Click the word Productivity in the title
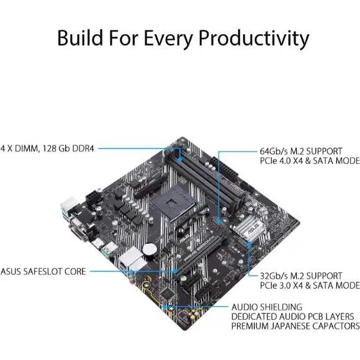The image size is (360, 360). pyautogui.click(x=254, y=38)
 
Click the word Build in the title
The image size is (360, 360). pyautogui.click(x=80, y=37)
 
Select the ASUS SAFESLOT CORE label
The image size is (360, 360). pyautogui.click(x=43, y=271)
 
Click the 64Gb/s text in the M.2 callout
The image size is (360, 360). pyautogui.click(x=274, y=151)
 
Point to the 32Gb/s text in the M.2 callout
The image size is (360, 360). pyautogui.click(x=274, y=276)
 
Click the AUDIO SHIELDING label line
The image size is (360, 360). pyautogui.click(x=267, y=307)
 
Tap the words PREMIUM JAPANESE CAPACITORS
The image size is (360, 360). pyautogui.click(x=295, y=326)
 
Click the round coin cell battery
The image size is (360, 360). pyautogui.click(x=150, y=250)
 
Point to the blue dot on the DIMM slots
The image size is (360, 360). pyautogui.click(x=180, y=159)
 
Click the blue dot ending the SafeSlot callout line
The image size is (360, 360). pyautogui.click(x=175, y=271)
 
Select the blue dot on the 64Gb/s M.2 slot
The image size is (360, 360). pyautogui.click(x=218, y=221)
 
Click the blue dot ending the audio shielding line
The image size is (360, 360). pyautogui.click(x=164, y=307)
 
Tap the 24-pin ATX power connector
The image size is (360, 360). pyautogui.click(x=224, y=169)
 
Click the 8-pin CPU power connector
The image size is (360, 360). pyautogui.click(x=94, y=196)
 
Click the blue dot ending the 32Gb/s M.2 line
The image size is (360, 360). pyautogui.click(x=249, y=245)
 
